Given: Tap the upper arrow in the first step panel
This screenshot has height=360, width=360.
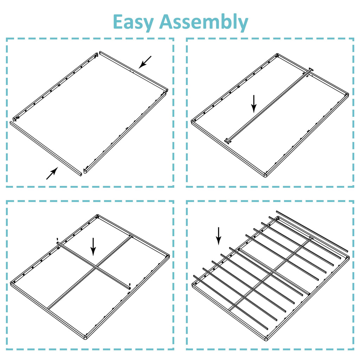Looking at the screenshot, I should (145, 62).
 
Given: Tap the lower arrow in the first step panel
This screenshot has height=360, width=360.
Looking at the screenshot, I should (52, 173).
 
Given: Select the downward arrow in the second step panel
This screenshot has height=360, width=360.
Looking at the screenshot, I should (254, 103).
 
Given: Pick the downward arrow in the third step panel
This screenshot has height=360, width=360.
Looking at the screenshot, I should (93, 246).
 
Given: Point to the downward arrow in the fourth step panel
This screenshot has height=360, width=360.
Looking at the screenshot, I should (219, 236).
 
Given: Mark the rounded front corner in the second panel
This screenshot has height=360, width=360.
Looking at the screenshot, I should (266, 175).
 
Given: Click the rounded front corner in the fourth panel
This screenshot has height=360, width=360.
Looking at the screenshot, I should (266, 339).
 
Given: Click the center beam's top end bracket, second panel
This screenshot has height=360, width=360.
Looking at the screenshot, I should (310, 70).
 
